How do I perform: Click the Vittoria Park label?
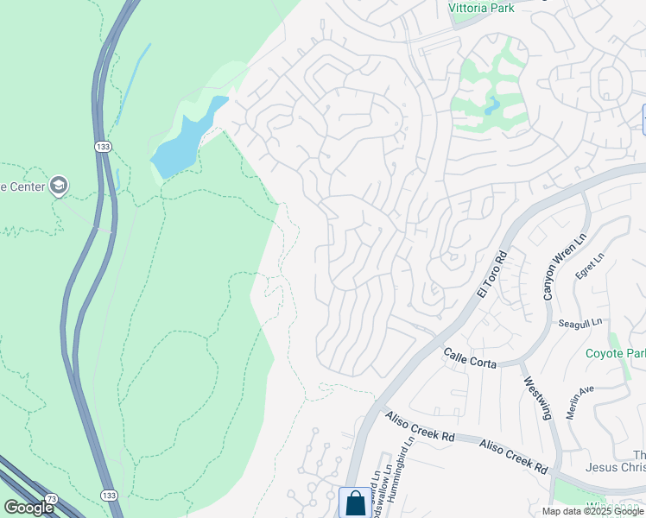[481, 8]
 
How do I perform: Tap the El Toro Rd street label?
[489, 275]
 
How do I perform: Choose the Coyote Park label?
[615, 353]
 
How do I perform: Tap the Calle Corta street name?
[470, 358]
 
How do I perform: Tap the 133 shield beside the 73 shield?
[110, 494]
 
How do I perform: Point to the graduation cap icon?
[58, 186]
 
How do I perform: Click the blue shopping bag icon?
[355, 502]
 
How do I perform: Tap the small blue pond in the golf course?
[491, 107]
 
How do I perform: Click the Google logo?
[28, 508]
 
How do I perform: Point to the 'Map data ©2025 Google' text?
[592, 511]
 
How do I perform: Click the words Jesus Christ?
[616, 468]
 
